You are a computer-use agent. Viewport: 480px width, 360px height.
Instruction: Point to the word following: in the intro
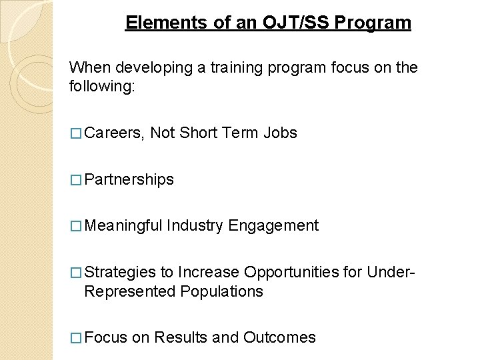pos(102,87)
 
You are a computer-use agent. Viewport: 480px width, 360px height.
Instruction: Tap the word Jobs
pos(280,133)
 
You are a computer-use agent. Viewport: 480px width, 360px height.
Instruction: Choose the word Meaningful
pos(124,226)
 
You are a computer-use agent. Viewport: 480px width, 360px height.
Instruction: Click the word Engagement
pos(273,226)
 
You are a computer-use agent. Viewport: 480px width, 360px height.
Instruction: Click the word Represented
pos(130,291)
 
